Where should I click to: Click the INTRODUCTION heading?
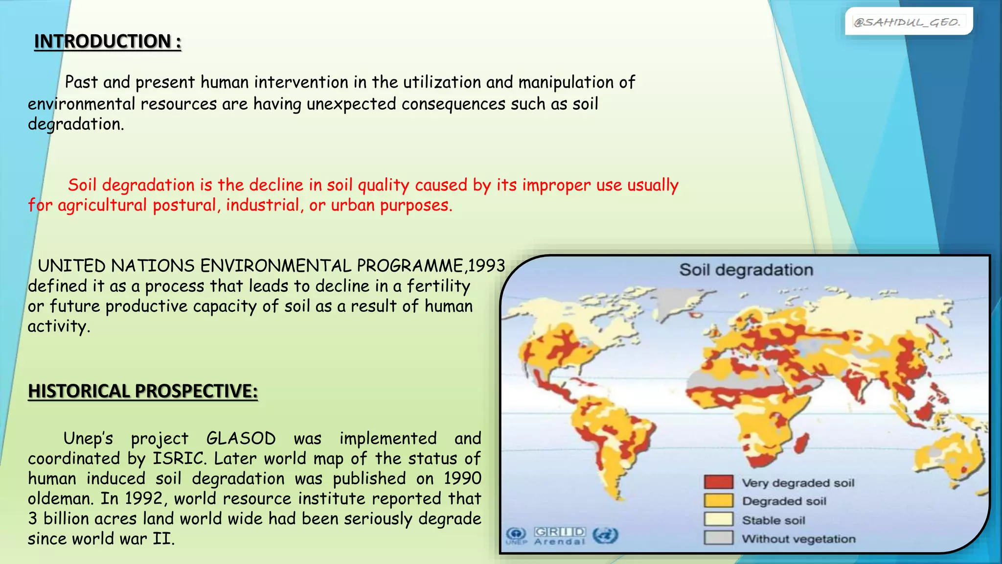click(108, 42)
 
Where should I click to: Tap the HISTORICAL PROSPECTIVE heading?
click(142, 391)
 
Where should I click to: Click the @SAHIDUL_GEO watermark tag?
click(908, 22)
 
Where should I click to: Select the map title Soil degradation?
click(746, 270)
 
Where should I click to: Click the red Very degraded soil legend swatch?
click(718, 482)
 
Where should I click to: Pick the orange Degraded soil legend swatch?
click(718, 501)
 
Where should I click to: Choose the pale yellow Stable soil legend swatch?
click(718, 519)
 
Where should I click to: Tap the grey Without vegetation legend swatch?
click(718, 538)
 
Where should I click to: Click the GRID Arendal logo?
click(560, 536)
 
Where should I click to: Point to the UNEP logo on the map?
click(516, 536)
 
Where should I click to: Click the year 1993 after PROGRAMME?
click(486, 266)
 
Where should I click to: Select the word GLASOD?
click(241, 438)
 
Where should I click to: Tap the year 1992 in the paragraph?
click(143, 498)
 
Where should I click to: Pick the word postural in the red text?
click(184, 205)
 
